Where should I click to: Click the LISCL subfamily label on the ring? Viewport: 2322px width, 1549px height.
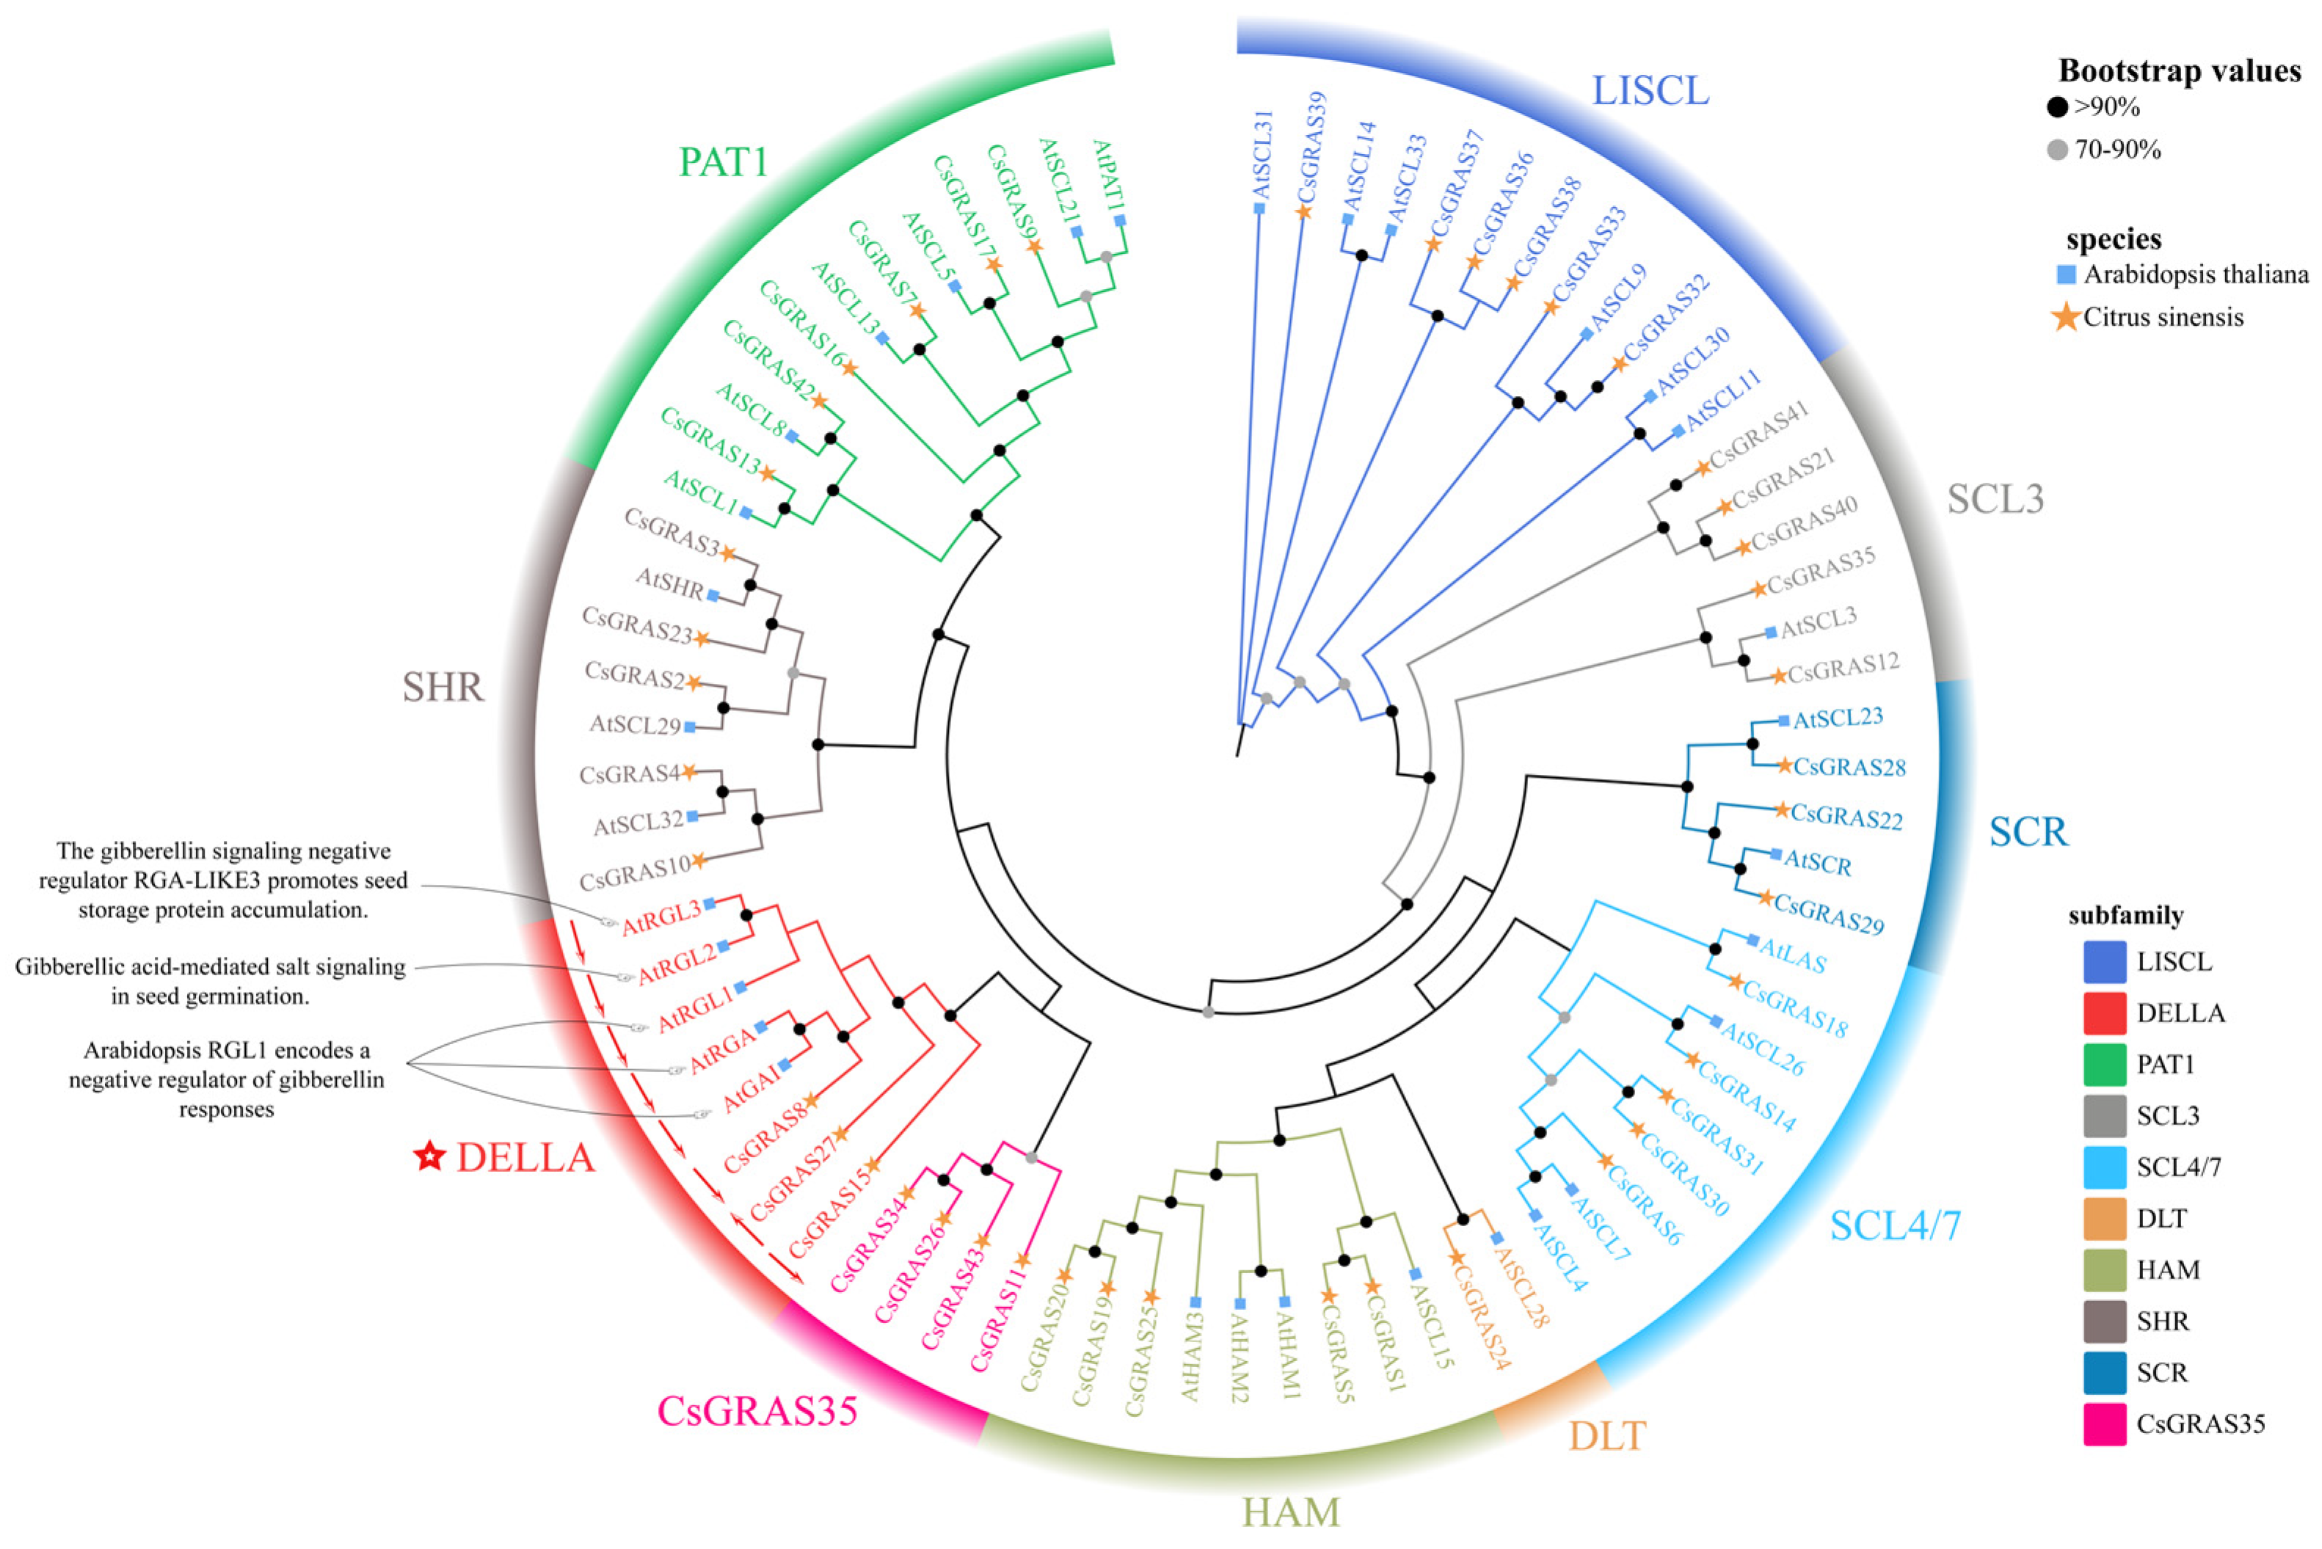coord(1649,91)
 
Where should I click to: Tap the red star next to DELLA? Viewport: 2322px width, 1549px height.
coord(429,1156)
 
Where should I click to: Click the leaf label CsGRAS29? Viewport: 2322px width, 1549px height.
coord(1829,914)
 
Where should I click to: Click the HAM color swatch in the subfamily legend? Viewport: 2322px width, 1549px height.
coord(2103,1269)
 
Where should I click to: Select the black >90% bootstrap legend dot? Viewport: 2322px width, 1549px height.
coord(2057,106)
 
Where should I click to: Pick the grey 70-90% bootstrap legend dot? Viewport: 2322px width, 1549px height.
coord(2057,150)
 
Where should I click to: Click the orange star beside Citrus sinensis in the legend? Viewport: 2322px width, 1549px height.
coord(2066,317)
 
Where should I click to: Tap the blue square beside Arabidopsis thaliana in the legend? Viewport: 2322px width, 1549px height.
coord(2065,274)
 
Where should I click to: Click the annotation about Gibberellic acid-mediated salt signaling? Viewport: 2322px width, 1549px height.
coord(209,981)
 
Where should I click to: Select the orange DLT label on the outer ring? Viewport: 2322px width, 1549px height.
coord(1606,1435)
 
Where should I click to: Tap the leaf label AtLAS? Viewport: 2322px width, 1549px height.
coord(1792,955)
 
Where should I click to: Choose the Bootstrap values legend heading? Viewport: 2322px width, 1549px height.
coord(2179,71)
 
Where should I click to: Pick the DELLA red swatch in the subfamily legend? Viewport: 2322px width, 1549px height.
coord(2103,1013)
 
